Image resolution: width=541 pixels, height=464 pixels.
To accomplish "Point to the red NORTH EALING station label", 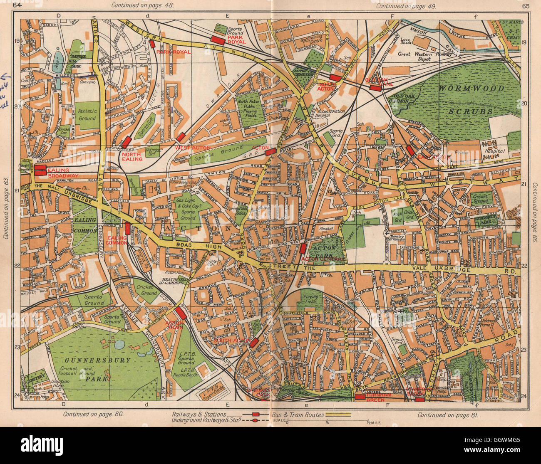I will click(x=132, y=156).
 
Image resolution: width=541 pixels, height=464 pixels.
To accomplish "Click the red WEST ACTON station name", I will click(x=193, y=148).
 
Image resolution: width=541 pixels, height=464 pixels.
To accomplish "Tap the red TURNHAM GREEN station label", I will click(x=378, y=397).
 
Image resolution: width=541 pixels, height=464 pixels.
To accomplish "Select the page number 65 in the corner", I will click(x=525, y=5).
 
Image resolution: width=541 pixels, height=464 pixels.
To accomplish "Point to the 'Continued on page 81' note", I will click(x=449, y=415).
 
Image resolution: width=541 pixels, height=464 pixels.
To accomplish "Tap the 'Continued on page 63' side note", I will click(x=6, y=212).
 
